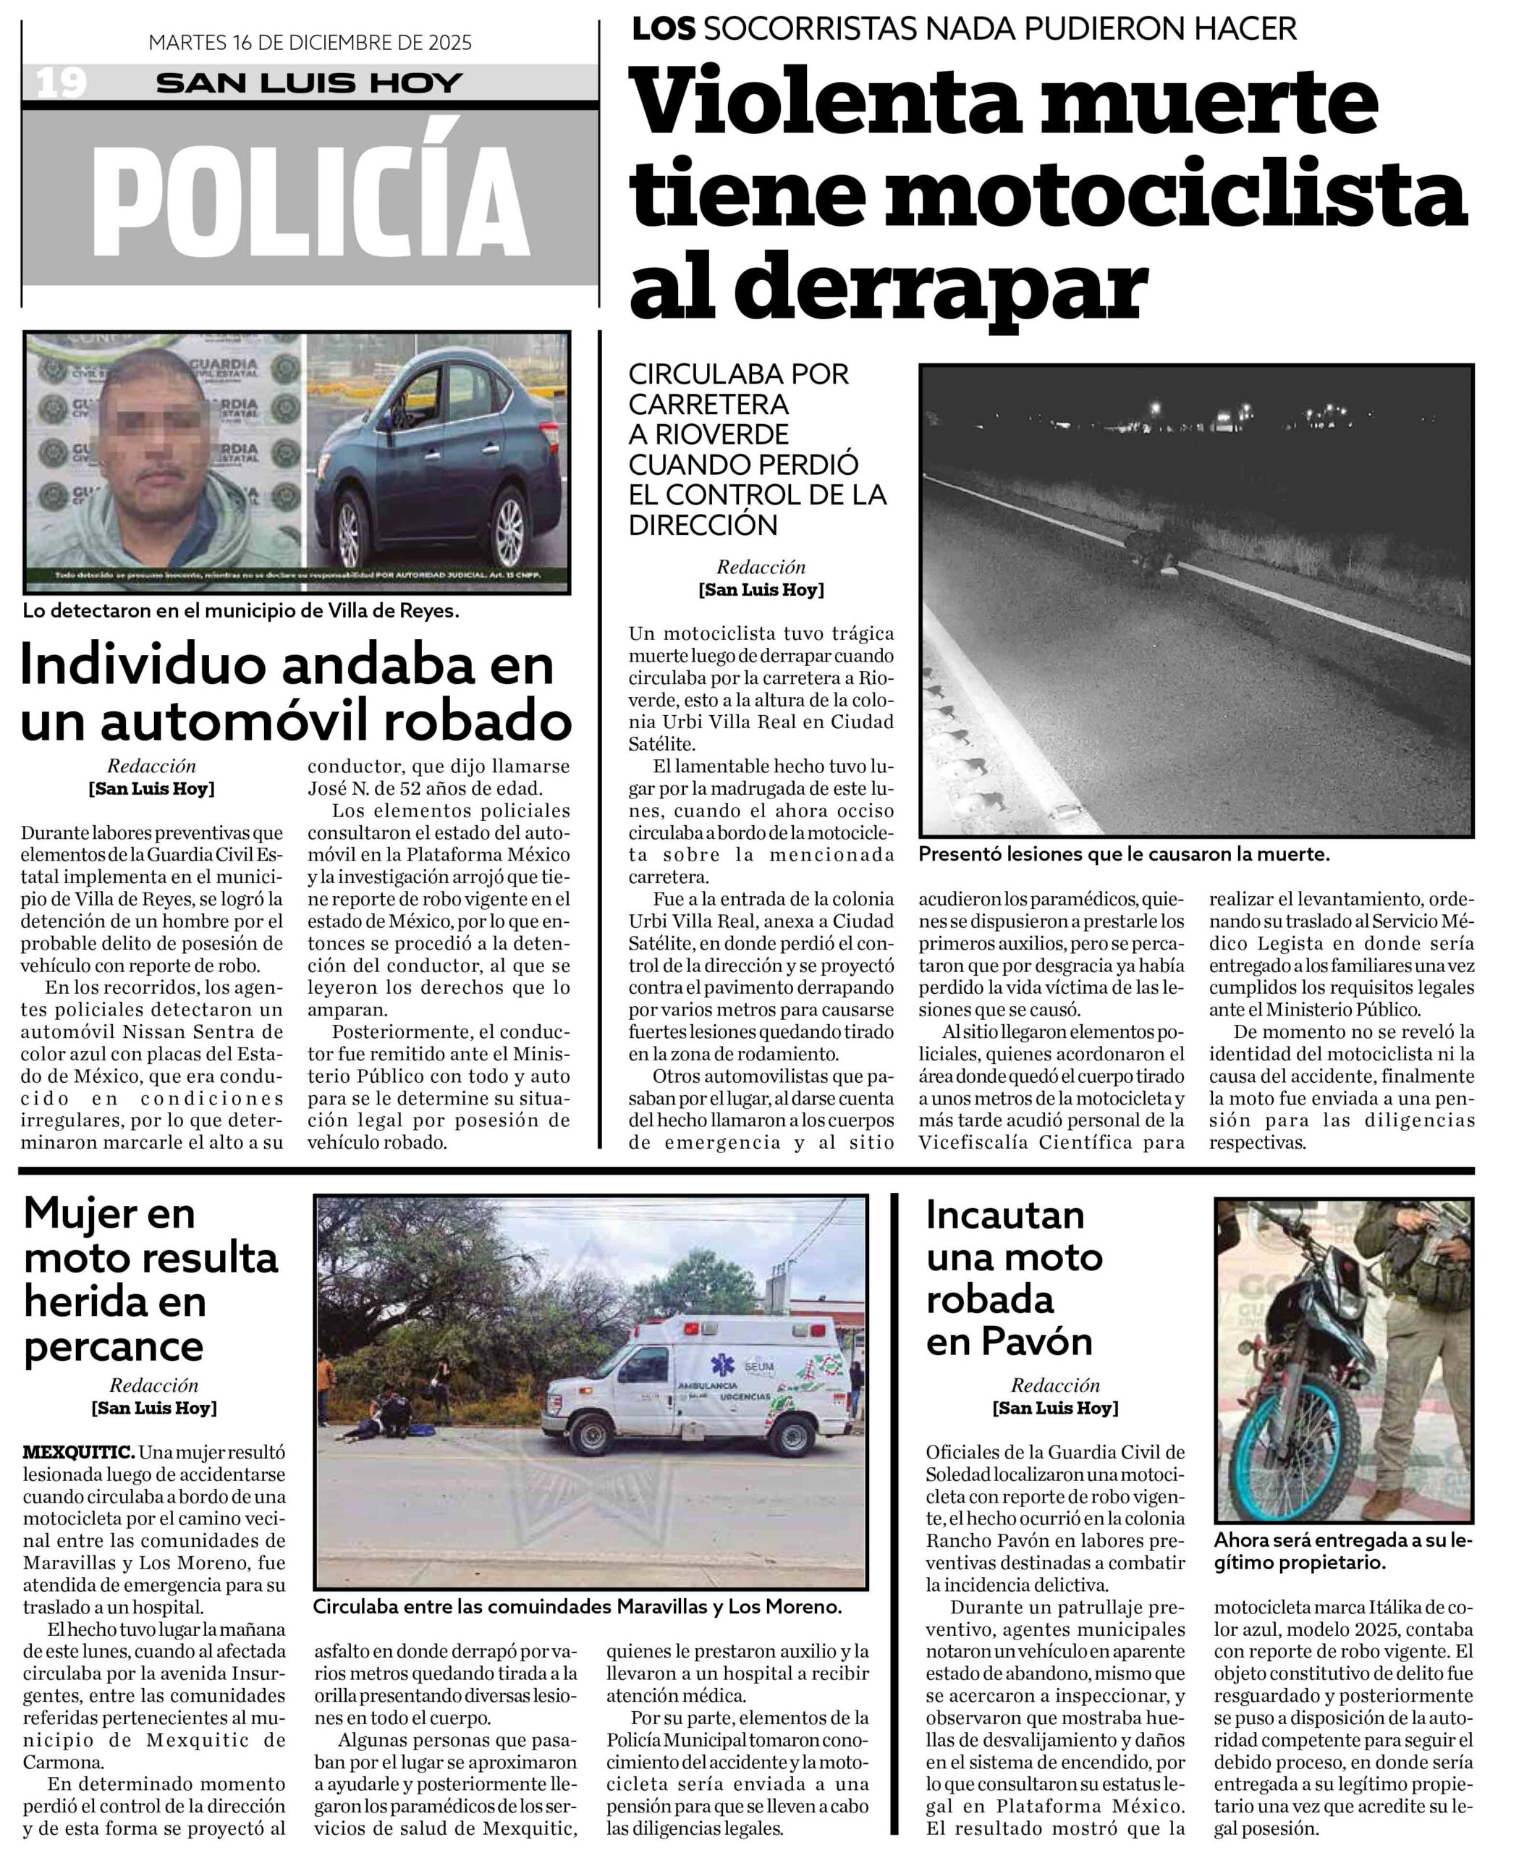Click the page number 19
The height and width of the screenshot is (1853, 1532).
click(x=61, y=83)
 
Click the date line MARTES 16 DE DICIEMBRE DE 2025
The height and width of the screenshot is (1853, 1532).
click(x=310, y=43)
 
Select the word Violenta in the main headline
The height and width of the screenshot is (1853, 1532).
click(x=826, y=104)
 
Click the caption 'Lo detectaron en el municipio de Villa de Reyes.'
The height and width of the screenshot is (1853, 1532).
click(x=241, y=611)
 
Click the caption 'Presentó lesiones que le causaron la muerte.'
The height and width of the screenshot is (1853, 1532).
click(x=1124, y=854)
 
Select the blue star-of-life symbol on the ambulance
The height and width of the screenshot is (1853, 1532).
click(x=721, y=1366)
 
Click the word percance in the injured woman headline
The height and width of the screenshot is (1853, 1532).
click(x=113, y=1346)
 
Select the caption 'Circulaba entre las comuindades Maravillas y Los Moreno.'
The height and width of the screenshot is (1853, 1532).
click(x=577, y=1607)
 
